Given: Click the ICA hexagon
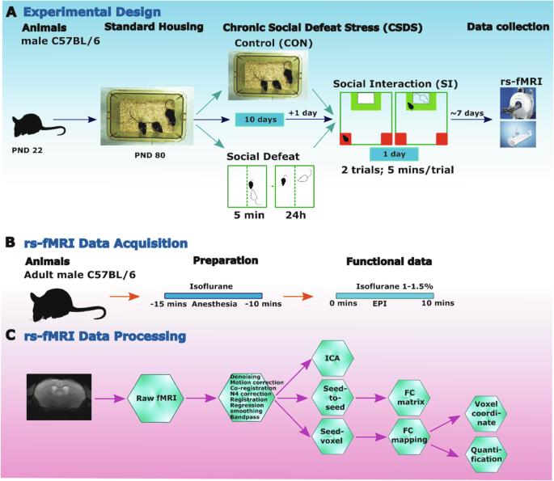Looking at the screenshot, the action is [x=332, y=358].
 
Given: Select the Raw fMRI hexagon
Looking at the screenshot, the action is [x=156, y=398].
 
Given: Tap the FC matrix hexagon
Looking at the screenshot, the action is [x=409, y=398].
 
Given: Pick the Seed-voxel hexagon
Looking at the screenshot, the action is [x=332, y=437].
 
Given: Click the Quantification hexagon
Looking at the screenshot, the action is [x=486, y=454].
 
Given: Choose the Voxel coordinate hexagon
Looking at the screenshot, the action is [x=486, y=413].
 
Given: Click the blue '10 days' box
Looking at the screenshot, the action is [x=260, y=120].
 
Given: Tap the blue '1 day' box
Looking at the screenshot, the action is [x=394, y=154].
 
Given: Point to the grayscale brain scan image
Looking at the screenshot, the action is [x=59, y=397].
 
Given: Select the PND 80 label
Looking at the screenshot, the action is [x=150, y=155].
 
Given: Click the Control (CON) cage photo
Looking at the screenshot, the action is [x=269, y=75].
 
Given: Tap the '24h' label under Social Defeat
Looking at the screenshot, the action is [x=296, y=215].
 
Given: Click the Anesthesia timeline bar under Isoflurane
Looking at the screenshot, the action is [x=213, y=296].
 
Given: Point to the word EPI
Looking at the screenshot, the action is [x=379, y=303].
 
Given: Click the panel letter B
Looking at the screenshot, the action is [x=11, y=243].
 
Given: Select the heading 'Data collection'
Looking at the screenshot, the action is [x=508, y=27].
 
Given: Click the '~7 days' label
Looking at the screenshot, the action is [x=467, y=113].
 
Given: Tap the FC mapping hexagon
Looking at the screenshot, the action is [x=409, y=437].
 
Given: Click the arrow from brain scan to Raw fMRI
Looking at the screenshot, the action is [x=109, y=399].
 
